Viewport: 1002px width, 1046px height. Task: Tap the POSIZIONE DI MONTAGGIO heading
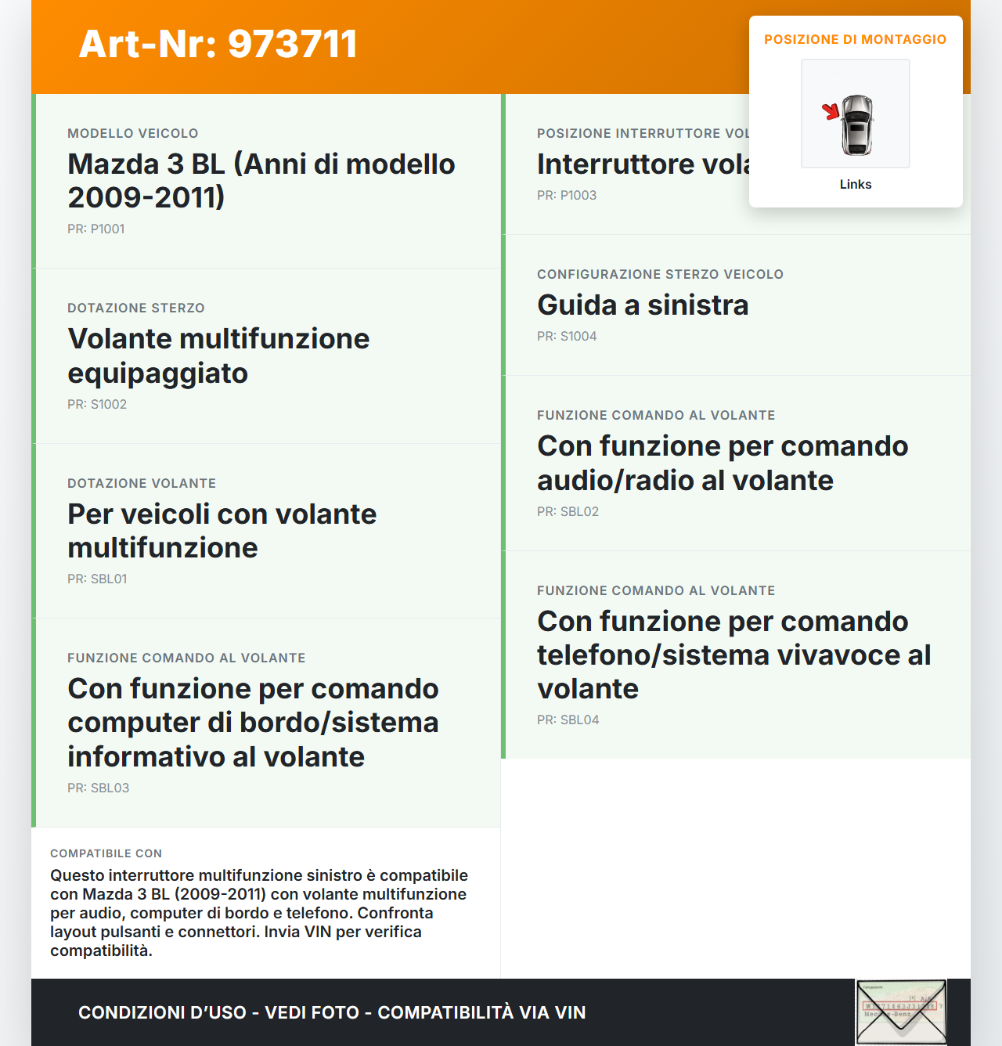(x=855, y=39)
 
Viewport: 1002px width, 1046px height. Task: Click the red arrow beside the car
(x=831, y=112)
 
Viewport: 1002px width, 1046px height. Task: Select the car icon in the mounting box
(x=857, y=124)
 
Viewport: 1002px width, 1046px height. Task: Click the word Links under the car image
(x=855, y=185)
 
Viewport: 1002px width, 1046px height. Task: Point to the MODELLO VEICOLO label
(x=132, y=133)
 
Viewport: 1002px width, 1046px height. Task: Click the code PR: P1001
(x=96, y=229)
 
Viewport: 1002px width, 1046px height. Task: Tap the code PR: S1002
(x=96, y=404)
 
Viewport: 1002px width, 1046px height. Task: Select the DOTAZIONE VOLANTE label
(x=141, y=483)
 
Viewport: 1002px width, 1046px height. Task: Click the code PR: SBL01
(x=97, y=579)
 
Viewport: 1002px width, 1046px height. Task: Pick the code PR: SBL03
(x=98, y=788)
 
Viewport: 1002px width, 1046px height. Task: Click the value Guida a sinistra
(x=642, y=305)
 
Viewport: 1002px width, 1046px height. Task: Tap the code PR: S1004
(x=566, y=336)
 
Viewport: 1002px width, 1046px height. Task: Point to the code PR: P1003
(x=566, y=195)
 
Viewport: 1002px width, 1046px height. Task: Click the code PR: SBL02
(x=568, y=511)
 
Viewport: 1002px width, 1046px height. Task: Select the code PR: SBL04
(x=568, y=720)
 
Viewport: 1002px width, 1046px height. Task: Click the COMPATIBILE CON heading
(x=106, y=853)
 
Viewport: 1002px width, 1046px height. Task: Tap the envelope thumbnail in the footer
(x=901, y=1012)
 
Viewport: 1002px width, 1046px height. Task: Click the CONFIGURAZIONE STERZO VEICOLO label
(x=659, y=274)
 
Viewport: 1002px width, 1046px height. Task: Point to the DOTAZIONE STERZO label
(x=135, y=308)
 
